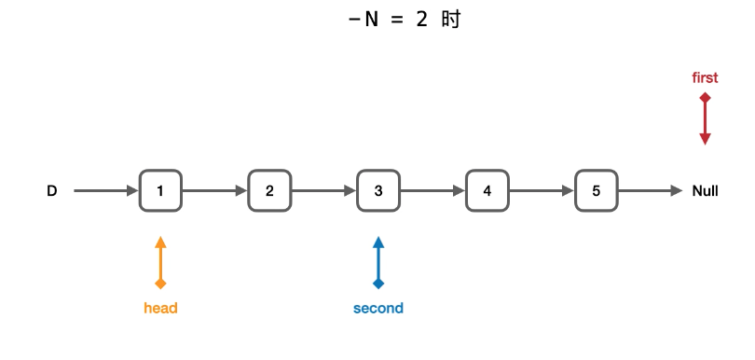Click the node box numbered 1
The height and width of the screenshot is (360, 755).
(161, 191)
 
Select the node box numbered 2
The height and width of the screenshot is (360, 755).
(269, 191)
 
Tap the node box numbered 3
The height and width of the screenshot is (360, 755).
(378, 191)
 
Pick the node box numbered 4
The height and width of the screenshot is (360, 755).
(487, 191)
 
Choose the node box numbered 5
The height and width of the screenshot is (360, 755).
(597, 191)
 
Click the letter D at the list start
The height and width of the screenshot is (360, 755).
(52, 191)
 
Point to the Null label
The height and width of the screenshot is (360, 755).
(705, 191)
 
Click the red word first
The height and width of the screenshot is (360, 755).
(705, 77)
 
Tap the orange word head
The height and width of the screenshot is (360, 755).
(161, 308)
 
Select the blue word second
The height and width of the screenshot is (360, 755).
(378, 308)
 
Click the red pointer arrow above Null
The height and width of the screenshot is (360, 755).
(705, 119)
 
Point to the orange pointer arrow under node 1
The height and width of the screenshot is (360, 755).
(161, 263)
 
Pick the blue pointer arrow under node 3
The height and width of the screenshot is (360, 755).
(378, 263)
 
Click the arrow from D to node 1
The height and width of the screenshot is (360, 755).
(106, 191)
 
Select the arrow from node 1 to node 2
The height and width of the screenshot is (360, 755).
(215, 191)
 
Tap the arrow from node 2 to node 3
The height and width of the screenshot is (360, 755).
(324, 191)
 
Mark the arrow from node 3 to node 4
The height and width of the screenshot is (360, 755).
(432, 191)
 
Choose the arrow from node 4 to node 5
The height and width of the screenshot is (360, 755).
(542, 191)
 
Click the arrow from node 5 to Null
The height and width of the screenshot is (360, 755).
(651, 191)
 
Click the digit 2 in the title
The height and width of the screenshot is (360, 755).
(422, 20)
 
